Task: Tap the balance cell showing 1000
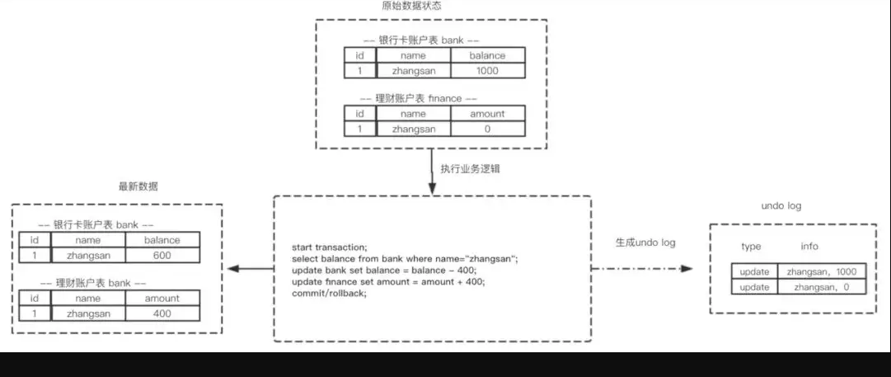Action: click(x=486, y=71)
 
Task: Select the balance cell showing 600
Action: click(x=162, y=256)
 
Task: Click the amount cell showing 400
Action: click(x=162, y=313)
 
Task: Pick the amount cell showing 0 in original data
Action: click(x=486, y=129)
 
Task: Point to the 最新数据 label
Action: click(x=138, y=186)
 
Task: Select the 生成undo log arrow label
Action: click(x=645, y=243)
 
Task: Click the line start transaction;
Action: click(x=329, y=247)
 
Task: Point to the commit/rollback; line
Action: click(x=328, y=294)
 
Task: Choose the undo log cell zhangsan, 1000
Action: click(x=822, y=271)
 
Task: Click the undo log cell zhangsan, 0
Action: click(x=822, y=287)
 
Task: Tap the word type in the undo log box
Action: click(x=751, y=247)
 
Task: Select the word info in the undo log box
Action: click(x=809, y=247)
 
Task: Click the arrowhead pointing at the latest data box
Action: click(x=232, y=269)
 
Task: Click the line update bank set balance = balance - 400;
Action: click(x=384, y=271)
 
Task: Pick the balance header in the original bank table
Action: click(x=486, y=55)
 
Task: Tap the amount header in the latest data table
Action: click(x=162, y=298)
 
